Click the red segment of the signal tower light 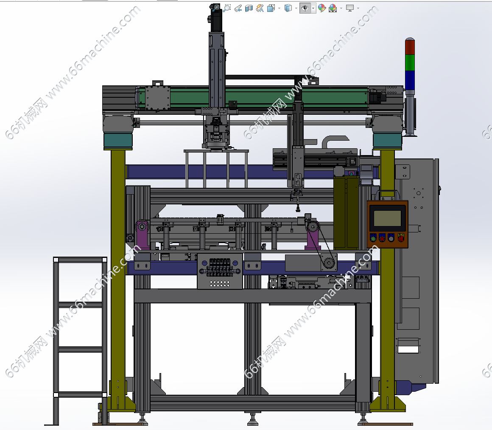410,46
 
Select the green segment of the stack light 410,62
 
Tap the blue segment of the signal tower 410,80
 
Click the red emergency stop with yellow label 401,238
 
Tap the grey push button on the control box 391,238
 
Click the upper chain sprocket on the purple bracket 313,226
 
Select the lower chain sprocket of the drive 329,263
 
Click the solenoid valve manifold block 220,271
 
